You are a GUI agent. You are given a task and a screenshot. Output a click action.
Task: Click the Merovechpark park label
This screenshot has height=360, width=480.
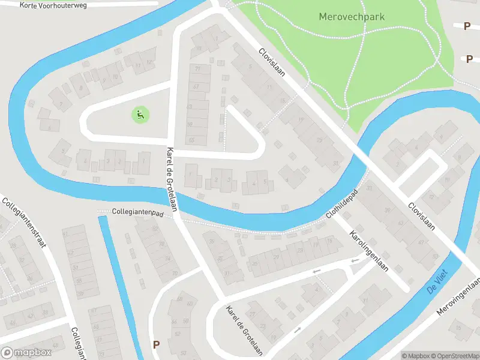click(x=352, y=17)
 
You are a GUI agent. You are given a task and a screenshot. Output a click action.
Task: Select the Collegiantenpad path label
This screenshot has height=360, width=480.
click(x=137, y=212)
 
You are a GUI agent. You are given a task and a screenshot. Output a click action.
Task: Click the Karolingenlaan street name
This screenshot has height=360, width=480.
click(x=369, y=250)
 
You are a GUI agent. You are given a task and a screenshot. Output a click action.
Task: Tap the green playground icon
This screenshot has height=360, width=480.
click(x=140, y=114)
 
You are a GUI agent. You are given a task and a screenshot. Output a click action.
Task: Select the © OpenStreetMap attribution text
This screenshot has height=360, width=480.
click(x=454, y=356)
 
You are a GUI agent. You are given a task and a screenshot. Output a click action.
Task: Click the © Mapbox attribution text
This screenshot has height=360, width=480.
click(x=416, y=356)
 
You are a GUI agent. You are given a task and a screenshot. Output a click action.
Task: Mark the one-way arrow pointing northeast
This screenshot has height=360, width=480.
click(x=297, y=330)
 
